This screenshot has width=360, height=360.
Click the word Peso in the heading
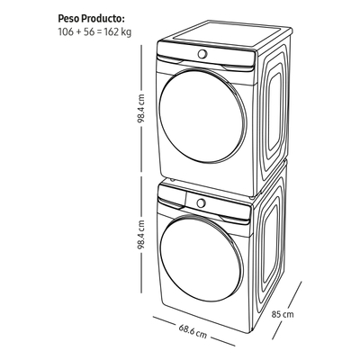[69, 19]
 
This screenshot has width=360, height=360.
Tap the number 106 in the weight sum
[66, 31]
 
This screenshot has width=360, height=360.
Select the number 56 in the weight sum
[89, 31]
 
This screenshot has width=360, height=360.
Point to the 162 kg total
[118, 32]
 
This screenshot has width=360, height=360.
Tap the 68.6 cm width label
[193, 331]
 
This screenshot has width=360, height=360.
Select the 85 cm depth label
[283, 314]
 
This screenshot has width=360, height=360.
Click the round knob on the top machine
[202, 54]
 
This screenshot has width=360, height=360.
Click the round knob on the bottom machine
[201, 203]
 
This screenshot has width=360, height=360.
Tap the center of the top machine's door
[202, 115]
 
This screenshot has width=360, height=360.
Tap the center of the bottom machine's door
[201, 258]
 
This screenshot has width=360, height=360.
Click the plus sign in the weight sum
[78, 32]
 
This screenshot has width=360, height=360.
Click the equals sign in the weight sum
[99, 32]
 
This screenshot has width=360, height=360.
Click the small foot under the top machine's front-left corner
[172, 180]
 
